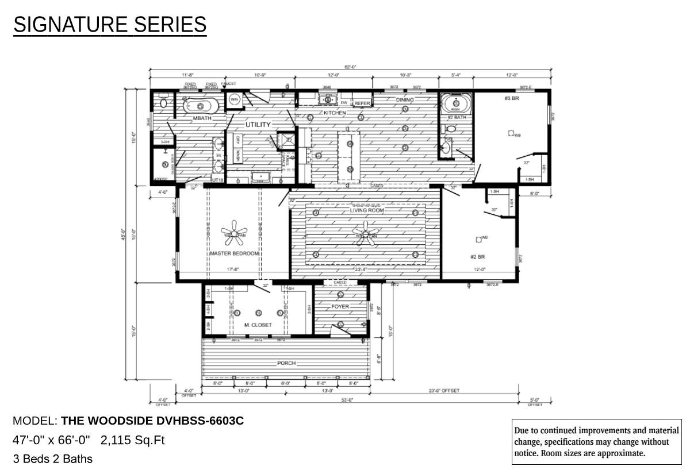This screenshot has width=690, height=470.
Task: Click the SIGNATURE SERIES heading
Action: pyautogui.click(x=110, y=25)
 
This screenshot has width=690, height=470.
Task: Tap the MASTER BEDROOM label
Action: pyautogui.click(x=234, y=253)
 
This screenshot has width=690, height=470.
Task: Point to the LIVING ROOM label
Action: pyautogui.click(x=367, y=210)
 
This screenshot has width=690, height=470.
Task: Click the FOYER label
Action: pyautogui.click(x=340, y=307)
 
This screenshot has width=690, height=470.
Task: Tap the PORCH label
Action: pyautogui.click(x=286, y=363)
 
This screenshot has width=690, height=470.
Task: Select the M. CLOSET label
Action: pyautogui.click(x=258, y=325)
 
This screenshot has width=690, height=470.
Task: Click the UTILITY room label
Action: pyautogui.click(x=258, y=125)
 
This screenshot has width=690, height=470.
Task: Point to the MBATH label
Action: pyautogui.click(x=203, y=118)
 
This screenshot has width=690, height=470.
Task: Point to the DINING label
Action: pyautogui.click(x=404, y=100)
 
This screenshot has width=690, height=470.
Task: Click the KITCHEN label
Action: pyautogui.click(x=335, y=113)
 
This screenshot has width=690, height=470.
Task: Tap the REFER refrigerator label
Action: pyautogui.click(x=362, y=103)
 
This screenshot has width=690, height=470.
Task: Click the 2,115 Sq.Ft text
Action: pyautogui.click(x=133, y=440)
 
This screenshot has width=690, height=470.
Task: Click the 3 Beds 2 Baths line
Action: pyautogui.click(x=52, y=459)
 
